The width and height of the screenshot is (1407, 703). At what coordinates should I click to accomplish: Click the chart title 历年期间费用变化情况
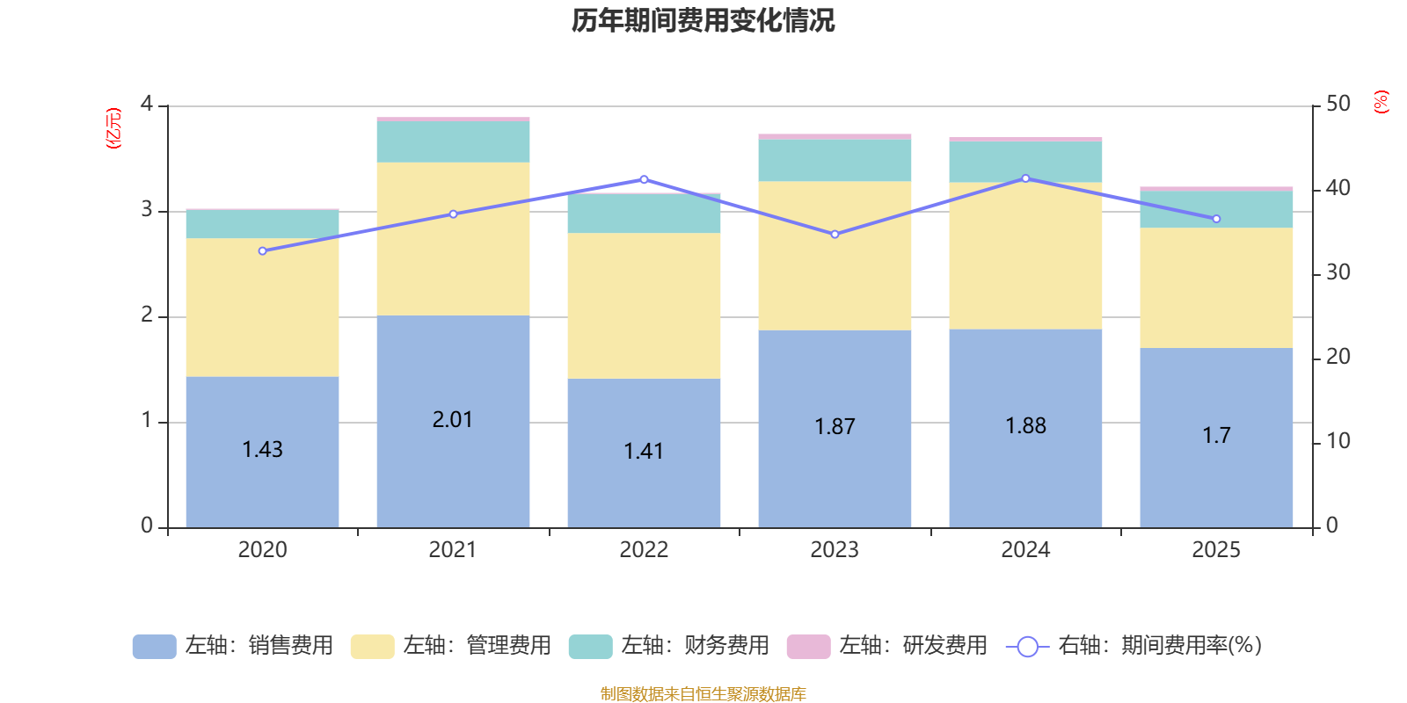point(703,20)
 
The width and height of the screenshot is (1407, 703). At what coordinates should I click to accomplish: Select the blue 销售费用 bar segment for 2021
point(453,369)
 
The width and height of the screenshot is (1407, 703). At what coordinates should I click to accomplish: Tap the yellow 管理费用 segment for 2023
point(835,256)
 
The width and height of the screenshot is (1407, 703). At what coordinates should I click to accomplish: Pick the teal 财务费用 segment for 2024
point(1025,163)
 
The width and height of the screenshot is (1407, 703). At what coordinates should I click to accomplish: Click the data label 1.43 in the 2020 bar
point(262,450)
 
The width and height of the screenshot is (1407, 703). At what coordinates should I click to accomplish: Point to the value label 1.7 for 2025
point(1216,436)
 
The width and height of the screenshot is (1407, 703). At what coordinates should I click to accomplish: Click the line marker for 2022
point(644,179)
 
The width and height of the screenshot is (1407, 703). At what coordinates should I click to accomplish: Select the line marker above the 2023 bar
point(835,235)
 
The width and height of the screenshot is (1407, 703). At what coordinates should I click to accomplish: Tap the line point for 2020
point(262,251)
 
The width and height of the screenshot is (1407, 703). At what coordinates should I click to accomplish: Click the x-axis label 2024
point(1025,550)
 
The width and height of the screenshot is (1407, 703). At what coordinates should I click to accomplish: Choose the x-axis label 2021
point(453,550)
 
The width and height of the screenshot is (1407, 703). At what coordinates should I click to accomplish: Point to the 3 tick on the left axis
point(147,210)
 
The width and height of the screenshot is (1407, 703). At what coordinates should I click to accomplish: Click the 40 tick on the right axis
point(1338,188)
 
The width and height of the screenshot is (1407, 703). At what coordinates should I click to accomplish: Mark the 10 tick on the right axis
point(1338,441)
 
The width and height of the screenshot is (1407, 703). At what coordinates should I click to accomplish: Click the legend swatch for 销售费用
point(154,647)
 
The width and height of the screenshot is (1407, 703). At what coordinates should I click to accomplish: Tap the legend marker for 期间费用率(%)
point(1027,647)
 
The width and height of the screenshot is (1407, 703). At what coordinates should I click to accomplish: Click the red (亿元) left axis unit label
point(113,128)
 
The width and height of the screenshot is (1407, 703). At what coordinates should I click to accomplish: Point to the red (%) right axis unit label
point(1381,102)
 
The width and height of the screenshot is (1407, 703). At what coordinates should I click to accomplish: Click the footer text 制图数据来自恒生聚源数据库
point(703,694)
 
